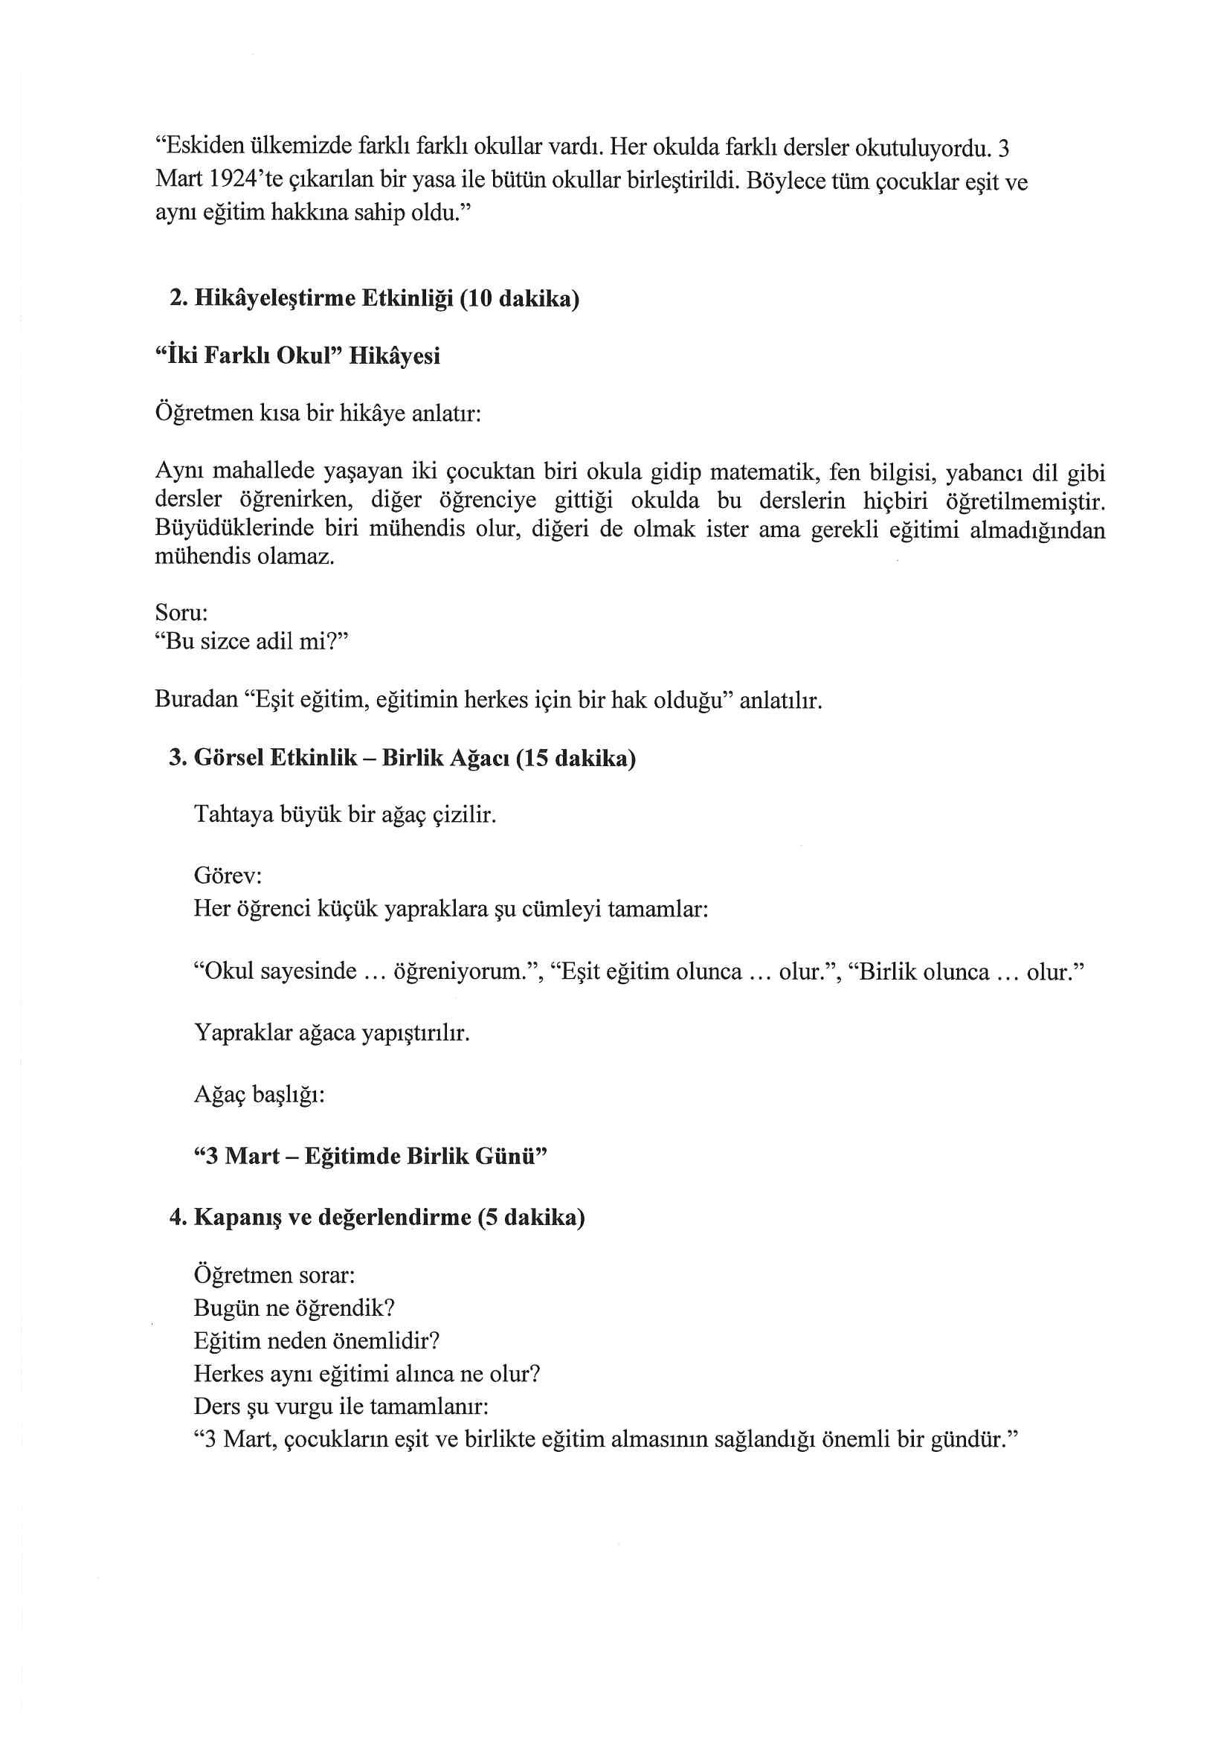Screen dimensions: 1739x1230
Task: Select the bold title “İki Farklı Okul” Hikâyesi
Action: pos(297,356)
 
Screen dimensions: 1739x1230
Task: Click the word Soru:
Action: pos(181,611)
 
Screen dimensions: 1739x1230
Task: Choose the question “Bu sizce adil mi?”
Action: pos(251,641)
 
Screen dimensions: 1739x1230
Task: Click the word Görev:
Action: pos(228,875)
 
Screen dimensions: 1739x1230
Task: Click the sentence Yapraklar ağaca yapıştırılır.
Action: pos(332,1032)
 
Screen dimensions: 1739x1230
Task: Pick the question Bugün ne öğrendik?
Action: pos(294,1308)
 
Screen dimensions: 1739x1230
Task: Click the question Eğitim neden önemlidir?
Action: pos(317,1341)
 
